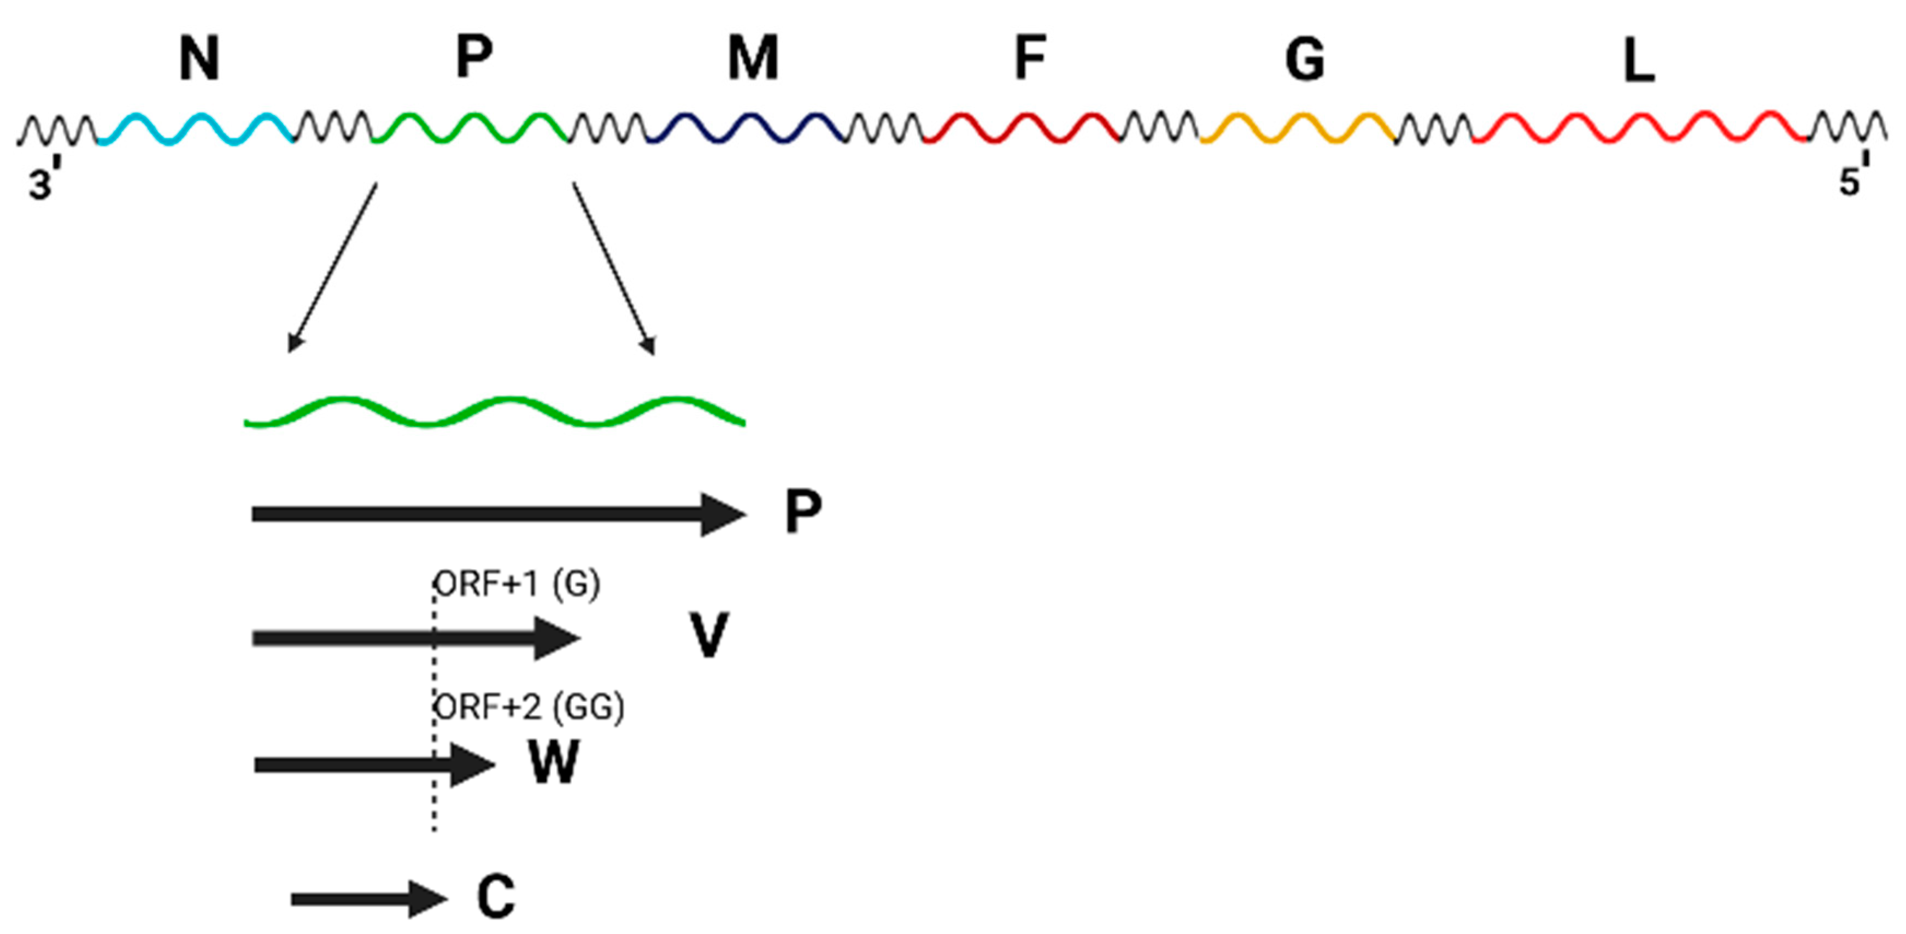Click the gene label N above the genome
click(x=199, y=59)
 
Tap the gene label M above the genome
click(x=753, y=59)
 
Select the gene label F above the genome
click(x=1029, y=59)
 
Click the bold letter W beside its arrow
click(x=554, y=762)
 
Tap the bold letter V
click(x=708, y=635)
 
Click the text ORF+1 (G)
click(x=517, y=585)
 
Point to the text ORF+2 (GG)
click(x=529, y=708)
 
